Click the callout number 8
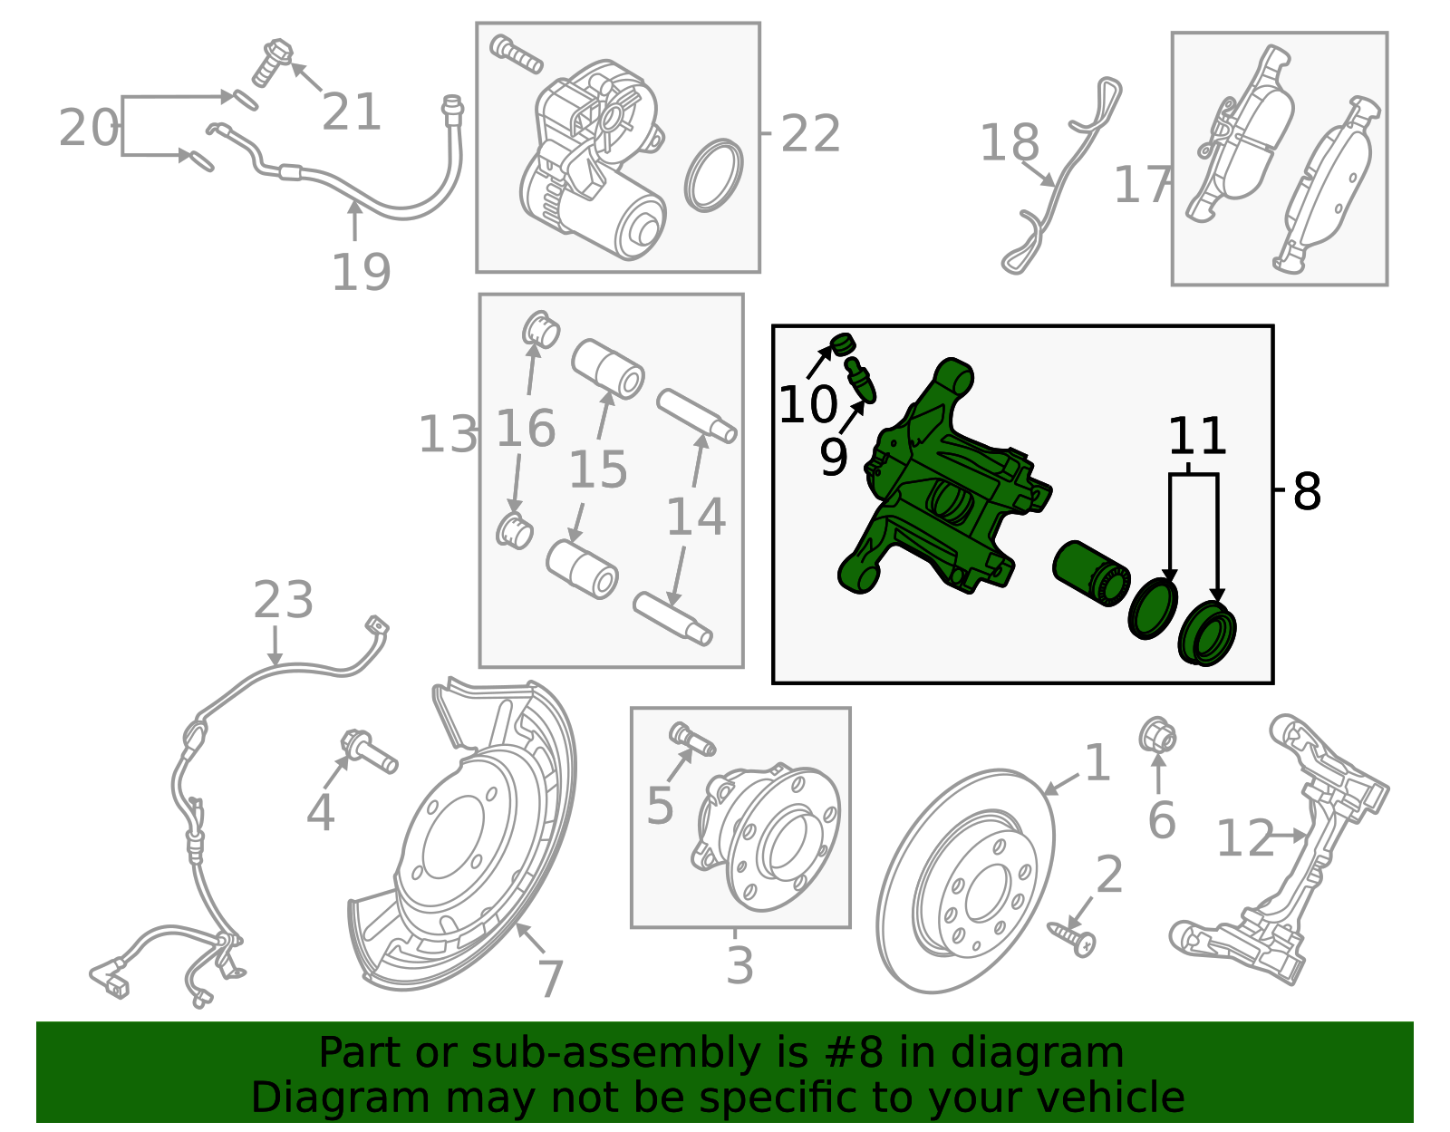(x=1307, y=492)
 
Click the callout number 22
(x=810, y=134)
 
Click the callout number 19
(x=361, y=272)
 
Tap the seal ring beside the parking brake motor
(x=713, y=175)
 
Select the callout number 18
(x=1009, y=143)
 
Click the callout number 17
(x=1141, y=185)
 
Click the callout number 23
(x=283, y=600)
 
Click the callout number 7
(x=550, y=979)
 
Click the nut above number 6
(x=1157, y=735)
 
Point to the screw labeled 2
(x=1073, y=938)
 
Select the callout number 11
(x=1196, y=437)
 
